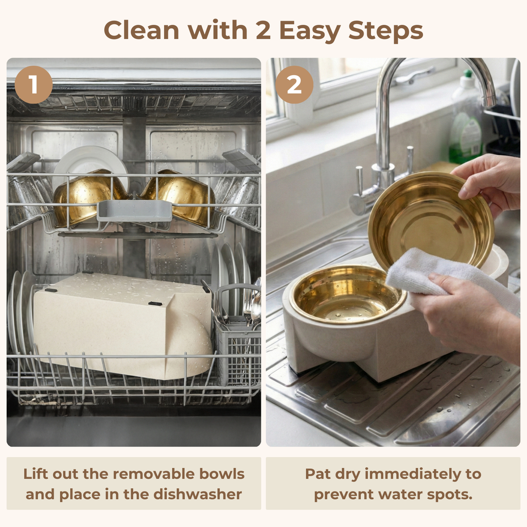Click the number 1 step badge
click(33, 85)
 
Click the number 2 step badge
click(294, 85)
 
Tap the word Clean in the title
click(142, 30)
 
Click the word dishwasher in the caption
click(198, 494)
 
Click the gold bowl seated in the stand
click(346, 294)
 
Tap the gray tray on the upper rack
click(134, 210)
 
